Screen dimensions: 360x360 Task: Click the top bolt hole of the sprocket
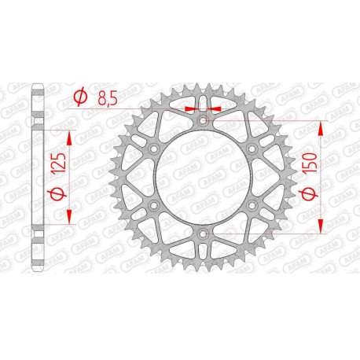tap(203, 121)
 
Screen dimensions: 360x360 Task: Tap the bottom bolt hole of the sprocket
tap(203, 234)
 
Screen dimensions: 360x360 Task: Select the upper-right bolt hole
tap(252, 149)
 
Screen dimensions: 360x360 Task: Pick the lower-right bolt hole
tap(252, 206)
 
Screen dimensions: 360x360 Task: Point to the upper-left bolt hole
tap(154, 149)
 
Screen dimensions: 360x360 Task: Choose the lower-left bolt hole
tap(154, 206)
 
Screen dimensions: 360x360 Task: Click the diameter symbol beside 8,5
tap(79, 97)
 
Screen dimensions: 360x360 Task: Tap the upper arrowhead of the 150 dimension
tap(320, 128)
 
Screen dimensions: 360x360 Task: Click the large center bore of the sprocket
tap(203, 178)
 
